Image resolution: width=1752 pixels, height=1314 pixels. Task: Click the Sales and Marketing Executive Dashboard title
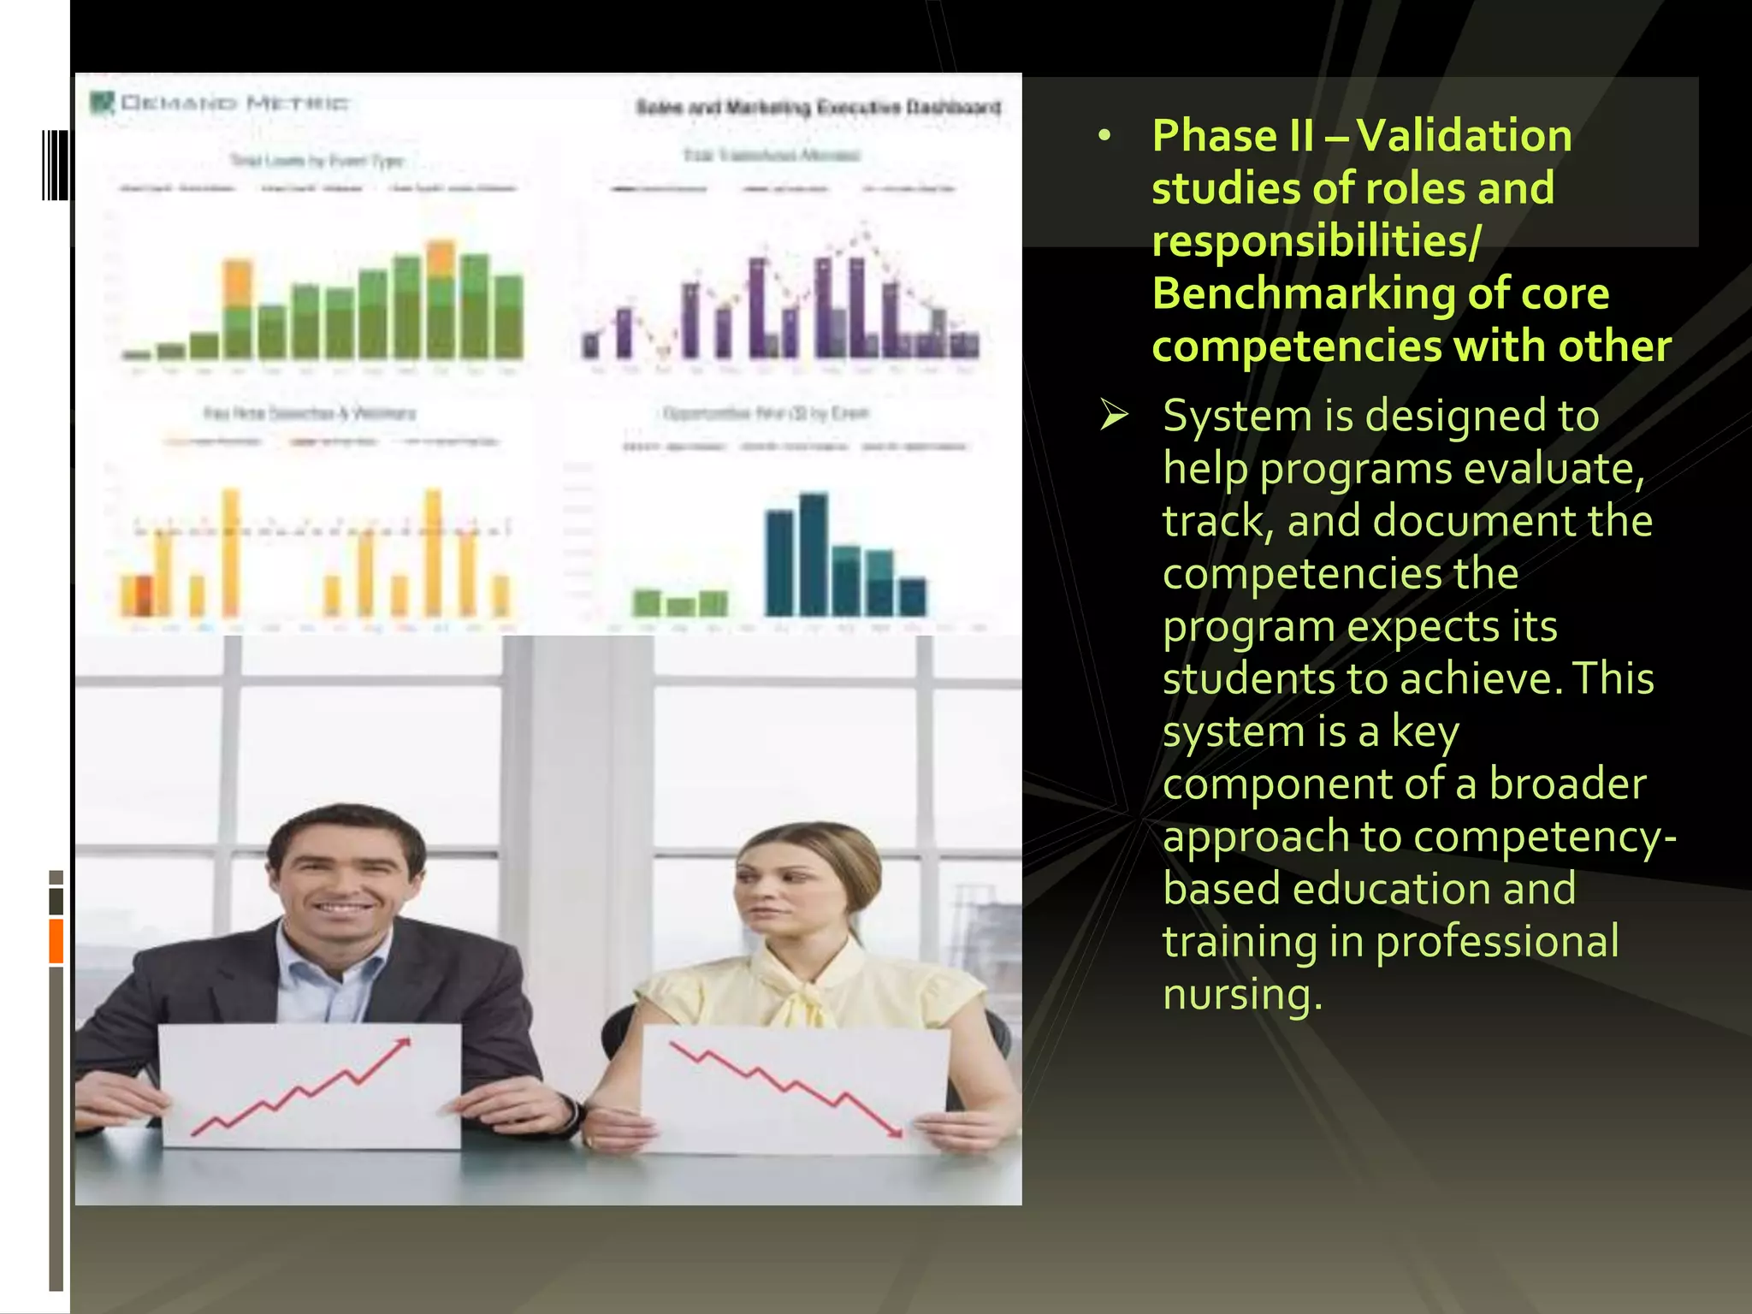(x=818, y=107)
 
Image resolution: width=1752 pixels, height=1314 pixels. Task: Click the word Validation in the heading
(x=1464, y=136)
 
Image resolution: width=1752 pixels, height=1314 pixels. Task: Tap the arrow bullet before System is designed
(x=1114, y=416)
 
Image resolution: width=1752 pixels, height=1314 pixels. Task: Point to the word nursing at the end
(x=1241, y=995)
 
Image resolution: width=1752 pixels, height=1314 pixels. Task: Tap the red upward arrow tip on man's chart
(x=405, y=1041)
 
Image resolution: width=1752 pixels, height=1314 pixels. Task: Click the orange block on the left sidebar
(x=56, y=940)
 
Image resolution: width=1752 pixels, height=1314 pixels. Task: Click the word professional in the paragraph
(x=1496, y=941)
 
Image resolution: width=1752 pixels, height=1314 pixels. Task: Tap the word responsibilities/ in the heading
(x=1316, y=240)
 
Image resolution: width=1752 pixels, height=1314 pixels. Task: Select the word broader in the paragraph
(x=1567, y=784)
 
